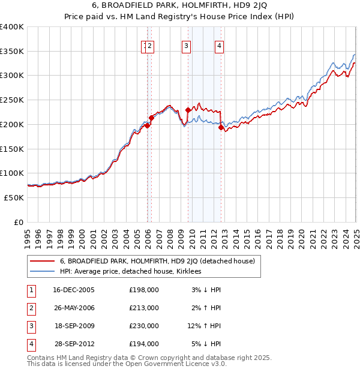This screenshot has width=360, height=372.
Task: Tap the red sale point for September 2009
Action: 188,110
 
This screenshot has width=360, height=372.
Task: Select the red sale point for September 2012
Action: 221,127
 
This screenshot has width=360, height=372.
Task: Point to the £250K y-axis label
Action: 11,100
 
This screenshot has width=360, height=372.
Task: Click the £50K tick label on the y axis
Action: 13,197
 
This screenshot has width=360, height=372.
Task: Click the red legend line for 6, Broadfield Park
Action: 41,261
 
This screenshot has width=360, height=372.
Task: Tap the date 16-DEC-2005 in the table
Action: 74,290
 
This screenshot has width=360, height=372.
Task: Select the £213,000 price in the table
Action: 144,308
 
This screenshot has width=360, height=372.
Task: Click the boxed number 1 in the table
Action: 31,290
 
